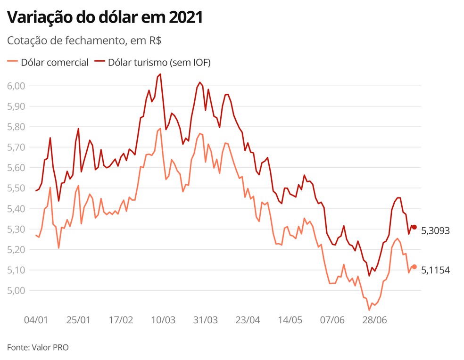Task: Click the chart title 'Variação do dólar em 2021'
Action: point(105,17)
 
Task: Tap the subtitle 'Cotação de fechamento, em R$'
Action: point(84,41)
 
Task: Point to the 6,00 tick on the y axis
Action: point(17,86)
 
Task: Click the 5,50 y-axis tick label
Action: point(17,188)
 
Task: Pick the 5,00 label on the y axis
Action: point(17,290)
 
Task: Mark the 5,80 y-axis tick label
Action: point(17,127)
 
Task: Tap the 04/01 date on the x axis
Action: point(36,320)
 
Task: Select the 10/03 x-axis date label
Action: point(163,320)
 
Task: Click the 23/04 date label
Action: point(248,320)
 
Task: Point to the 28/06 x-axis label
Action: point(374,320)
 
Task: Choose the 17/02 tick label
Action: point(121,320)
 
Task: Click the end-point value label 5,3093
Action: point(435,231)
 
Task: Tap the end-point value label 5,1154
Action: point(435,270)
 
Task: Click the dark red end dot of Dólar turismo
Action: point(414,227)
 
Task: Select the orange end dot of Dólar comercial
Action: point(414,267)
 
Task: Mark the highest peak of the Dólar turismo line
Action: point(160,74)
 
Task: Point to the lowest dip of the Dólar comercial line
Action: point(369,310)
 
